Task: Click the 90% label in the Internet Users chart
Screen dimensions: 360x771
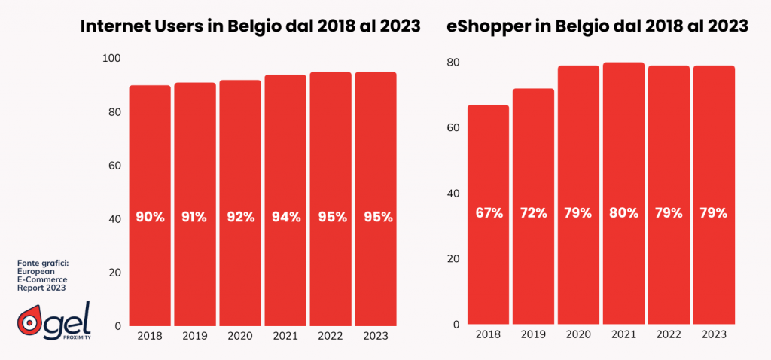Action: (151, 217)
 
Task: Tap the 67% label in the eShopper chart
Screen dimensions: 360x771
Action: (489, 212)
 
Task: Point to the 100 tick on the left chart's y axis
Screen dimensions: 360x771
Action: (111, 58)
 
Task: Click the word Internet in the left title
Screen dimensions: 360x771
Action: (116, 27)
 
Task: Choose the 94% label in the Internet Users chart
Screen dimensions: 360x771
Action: (286, 217)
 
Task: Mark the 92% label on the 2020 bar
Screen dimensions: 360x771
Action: (241, 217)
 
